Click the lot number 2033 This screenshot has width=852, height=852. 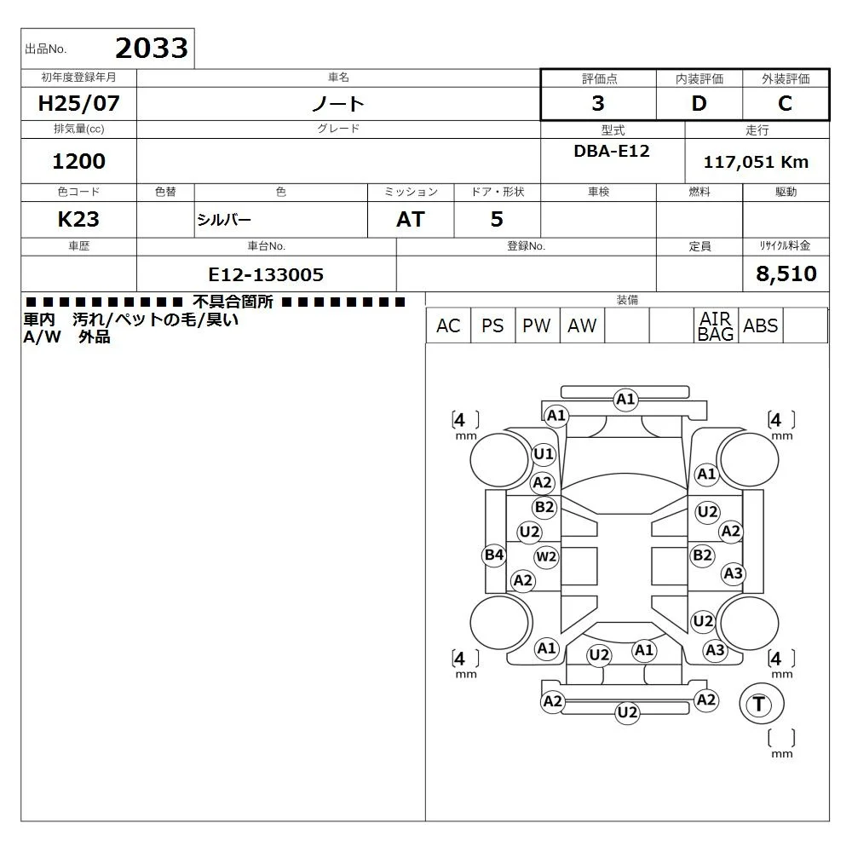point(152,48)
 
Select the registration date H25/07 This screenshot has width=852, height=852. point(78,103)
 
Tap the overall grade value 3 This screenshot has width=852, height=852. point(598,103)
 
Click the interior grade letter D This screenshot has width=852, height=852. point(699,103)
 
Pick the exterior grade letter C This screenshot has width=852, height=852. point(785,103)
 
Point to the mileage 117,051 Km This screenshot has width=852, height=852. point(756,162)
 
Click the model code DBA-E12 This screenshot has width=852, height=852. point(612,151)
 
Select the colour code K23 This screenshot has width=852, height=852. point(78,220)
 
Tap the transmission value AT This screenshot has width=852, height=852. point(411,220)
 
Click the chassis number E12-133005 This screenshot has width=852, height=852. point(266,275)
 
